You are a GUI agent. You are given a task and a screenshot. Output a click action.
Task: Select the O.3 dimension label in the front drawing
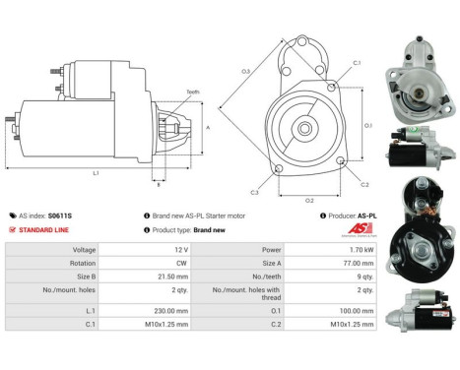(245, 71)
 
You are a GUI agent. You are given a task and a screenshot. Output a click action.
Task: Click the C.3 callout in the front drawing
(254, 191)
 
